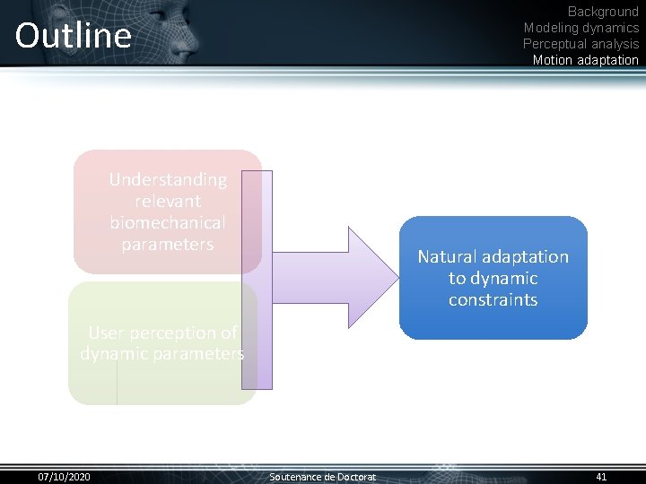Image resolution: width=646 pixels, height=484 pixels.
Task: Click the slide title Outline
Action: pos(73,36)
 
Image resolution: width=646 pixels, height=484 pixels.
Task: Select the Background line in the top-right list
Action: pos(603,12)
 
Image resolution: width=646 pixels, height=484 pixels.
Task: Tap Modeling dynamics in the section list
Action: pos(581,28)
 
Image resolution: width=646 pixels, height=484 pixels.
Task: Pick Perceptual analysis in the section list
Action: pos(581,44)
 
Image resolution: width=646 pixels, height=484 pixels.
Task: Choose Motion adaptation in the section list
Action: pos(585,60)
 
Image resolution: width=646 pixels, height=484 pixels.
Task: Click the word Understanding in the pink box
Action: pos(168,180)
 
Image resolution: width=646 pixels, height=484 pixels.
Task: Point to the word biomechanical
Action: pos(168,222)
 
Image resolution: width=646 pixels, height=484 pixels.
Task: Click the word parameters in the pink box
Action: pos(168,244)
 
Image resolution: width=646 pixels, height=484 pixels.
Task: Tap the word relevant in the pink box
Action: pos(168,202)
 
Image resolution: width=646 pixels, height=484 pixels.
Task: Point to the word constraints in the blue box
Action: pos(493,300)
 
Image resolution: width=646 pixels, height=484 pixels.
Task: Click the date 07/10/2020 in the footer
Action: pos(64,476)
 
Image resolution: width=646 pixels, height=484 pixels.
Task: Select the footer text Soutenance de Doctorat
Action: pos(323,476)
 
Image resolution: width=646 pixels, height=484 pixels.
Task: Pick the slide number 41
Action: pos(601,476)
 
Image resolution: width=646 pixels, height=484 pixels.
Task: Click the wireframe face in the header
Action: pos(175,31)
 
